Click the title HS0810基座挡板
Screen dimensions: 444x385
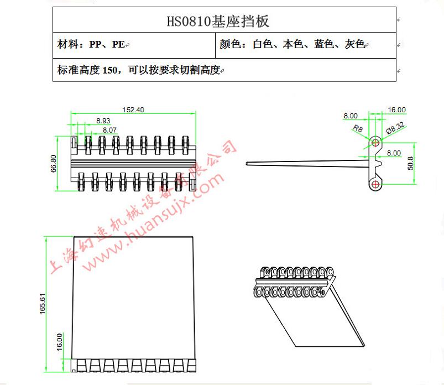tap(218, 21)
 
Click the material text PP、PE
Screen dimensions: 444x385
tap(107, 44)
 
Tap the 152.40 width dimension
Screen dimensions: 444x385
tap(133, 110)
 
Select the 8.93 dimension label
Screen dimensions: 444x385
tap(103, 121)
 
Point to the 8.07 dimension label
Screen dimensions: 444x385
tap(109, 130)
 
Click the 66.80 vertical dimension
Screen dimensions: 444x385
tap(54, 164)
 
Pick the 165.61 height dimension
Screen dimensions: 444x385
tap(43, 304)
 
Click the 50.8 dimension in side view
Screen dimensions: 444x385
tap(410, 163)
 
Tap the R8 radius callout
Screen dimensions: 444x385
tap(358, 129)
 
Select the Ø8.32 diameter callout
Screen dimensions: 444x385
tap(395, 128)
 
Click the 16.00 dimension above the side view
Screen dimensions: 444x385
tap(396, 110)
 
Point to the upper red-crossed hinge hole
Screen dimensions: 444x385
tap(375, 142)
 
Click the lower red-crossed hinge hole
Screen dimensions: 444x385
tap(375, 185)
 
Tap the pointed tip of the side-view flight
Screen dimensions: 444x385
tap(247, 164)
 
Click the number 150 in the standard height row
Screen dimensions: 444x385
tap(110, 70)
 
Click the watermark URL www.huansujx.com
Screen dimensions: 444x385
tap(154, 221)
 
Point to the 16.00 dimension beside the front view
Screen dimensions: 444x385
tap(59, 342)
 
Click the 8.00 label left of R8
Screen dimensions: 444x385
tap(351, 116)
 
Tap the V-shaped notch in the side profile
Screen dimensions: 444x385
tap(378, 162)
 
